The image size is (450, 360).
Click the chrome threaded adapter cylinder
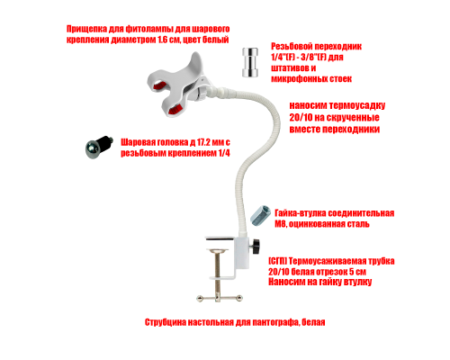[250, 62]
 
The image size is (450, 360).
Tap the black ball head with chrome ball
[99, 147]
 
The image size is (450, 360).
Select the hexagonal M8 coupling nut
[260, 215]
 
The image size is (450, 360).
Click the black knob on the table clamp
[256, 246]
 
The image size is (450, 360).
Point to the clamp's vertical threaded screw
[218, 273]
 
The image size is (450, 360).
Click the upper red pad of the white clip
[160, 86]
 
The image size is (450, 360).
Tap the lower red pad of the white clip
[175, 109]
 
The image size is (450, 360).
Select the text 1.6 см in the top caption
[167, 40]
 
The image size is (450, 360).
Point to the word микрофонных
[295, 79]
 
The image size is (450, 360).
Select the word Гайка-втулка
[300, 213]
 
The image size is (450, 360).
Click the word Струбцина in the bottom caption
[166, 322]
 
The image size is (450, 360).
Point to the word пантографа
[275, 322]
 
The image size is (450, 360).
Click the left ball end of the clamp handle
[200, 298]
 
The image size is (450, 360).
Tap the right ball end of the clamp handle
[239, 298]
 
